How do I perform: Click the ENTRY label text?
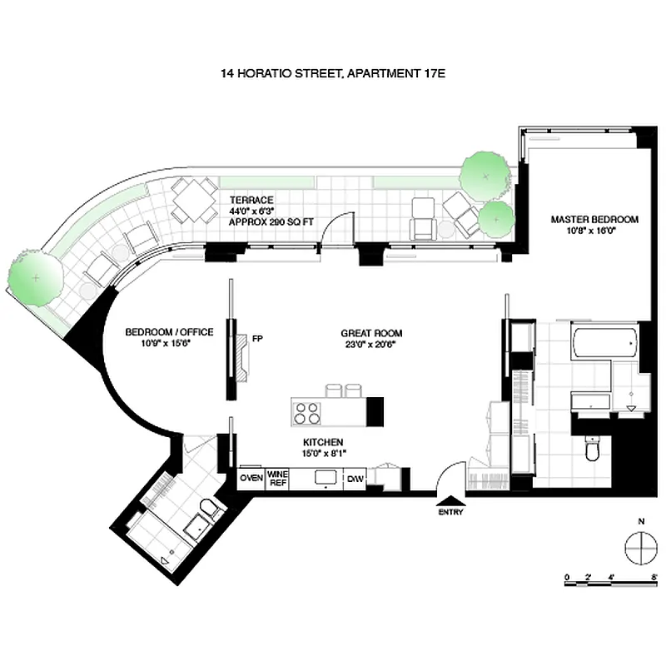click(x=450, y=512)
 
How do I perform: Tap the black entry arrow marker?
click(x=450, y=500)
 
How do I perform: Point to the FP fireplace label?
click(x=257, y=338)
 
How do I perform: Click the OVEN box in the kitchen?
click(x=251, y=478)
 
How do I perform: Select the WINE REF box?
click(x=277, y=478)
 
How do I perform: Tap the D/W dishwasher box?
click(x=355, y=478)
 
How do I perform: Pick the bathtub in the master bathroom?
click(x=604, y=341)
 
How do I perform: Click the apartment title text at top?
click(x=333, y=74)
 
